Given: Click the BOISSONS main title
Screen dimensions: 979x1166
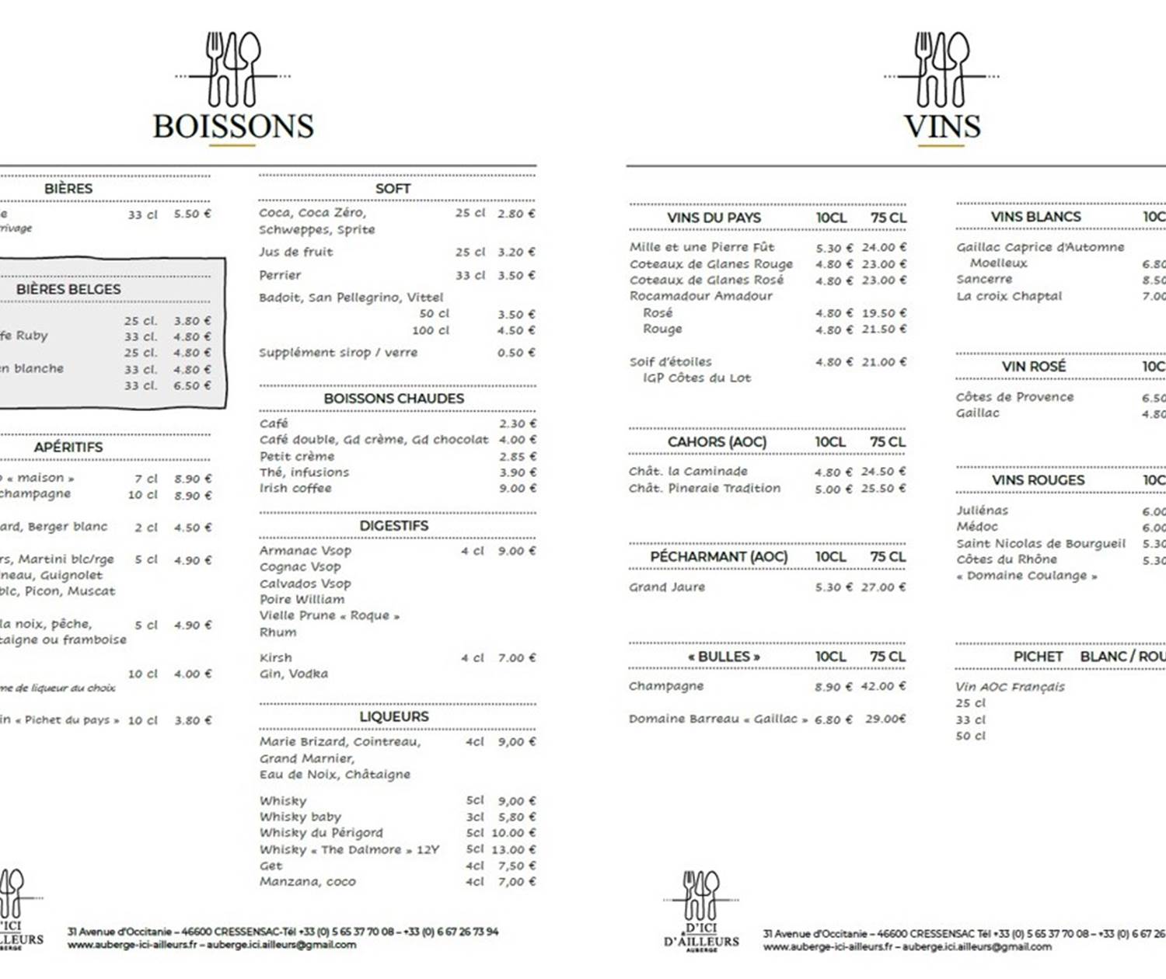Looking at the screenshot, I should pos(233,127).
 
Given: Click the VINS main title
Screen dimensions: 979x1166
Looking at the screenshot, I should pos(942,127).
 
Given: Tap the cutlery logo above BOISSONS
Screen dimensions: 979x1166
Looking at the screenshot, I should pos(233,70).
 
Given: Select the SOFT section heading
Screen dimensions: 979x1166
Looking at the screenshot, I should pos(393,189).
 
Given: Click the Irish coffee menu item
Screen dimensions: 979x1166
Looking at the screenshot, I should pos(295,489).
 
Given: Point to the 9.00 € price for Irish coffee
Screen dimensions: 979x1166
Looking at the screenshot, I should pos(517,489).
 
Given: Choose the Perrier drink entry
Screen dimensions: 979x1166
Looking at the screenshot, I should pos(280,275).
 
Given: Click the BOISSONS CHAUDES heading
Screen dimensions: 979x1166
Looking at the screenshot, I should pos(394,399).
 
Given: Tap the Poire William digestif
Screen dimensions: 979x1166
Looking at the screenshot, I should pos(302,599).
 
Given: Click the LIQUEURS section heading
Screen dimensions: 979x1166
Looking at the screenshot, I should pos(394,716).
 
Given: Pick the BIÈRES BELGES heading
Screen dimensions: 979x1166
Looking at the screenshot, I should pos(68,289).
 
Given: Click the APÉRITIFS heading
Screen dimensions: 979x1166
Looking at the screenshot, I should pos(68,447).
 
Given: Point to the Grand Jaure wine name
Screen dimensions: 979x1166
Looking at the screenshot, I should pos(667,587).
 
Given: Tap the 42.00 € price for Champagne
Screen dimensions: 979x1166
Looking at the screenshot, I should pos(883,687).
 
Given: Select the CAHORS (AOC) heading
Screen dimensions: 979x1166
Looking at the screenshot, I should pos(717,442).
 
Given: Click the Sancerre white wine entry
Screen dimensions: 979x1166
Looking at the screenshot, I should pos(984,280).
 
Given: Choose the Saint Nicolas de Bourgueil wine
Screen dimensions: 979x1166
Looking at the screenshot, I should pos(1041,544).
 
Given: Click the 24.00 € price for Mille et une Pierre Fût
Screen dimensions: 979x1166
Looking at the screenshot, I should pos(884,248).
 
